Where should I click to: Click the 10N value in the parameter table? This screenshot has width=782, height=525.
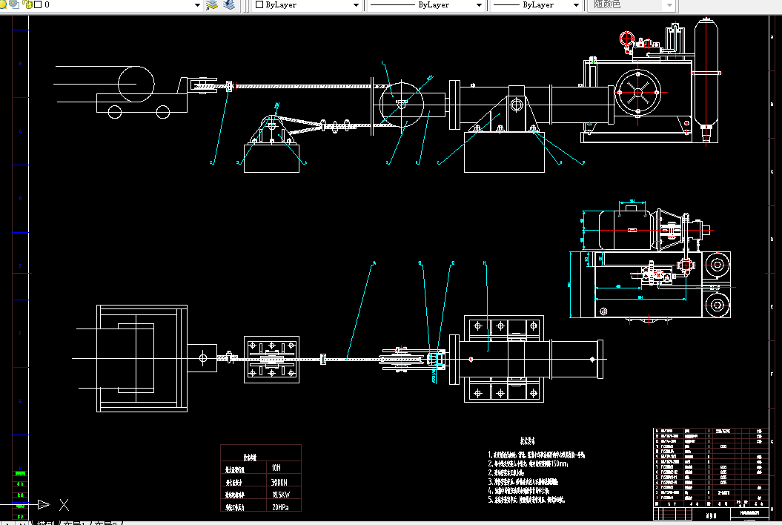276,468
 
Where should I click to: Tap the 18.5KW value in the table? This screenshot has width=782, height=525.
279,494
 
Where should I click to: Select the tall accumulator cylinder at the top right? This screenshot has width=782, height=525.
706,74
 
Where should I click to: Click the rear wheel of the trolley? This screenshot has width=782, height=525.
115,112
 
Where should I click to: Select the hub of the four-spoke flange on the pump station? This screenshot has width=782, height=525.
637,92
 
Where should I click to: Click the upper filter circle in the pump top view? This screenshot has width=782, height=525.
716,265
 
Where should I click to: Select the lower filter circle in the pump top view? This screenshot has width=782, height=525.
716,304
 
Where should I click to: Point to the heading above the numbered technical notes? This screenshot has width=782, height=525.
527,440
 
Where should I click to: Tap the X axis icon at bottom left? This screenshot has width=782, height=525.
64,505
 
